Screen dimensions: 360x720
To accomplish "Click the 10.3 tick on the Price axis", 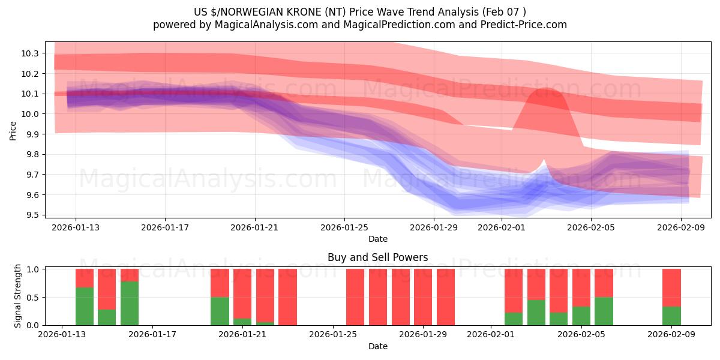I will tap(31, 53).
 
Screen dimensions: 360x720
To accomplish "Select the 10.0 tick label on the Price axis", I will tap(31, 114).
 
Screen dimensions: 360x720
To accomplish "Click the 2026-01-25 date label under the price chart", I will tap(344, 227).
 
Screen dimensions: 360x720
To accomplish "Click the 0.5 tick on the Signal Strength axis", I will tap(33, 298).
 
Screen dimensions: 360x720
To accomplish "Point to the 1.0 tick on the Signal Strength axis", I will tap(33, 269).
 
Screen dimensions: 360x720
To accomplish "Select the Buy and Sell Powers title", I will tap(377, 257).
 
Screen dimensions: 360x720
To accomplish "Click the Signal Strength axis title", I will tap(18, 296).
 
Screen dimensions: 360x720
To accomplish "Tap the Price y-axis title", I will tap(13, 130).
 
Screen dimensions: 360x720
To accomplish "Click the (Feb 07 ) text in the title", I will tap(505, 11).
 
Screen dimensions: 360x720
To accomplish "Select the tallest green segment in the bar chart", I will tap(130, 303).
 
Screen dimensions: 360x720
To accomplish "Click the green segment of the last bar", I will tap(671, 316).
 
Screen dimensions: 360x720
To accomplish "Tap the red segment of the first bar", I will tap(85, 278).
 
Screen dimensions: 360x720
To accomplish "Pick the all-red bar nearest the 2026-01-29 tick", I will tap(423, 297).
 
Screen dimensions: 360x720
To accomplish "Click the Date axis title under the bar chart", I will tap(377, 346).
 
